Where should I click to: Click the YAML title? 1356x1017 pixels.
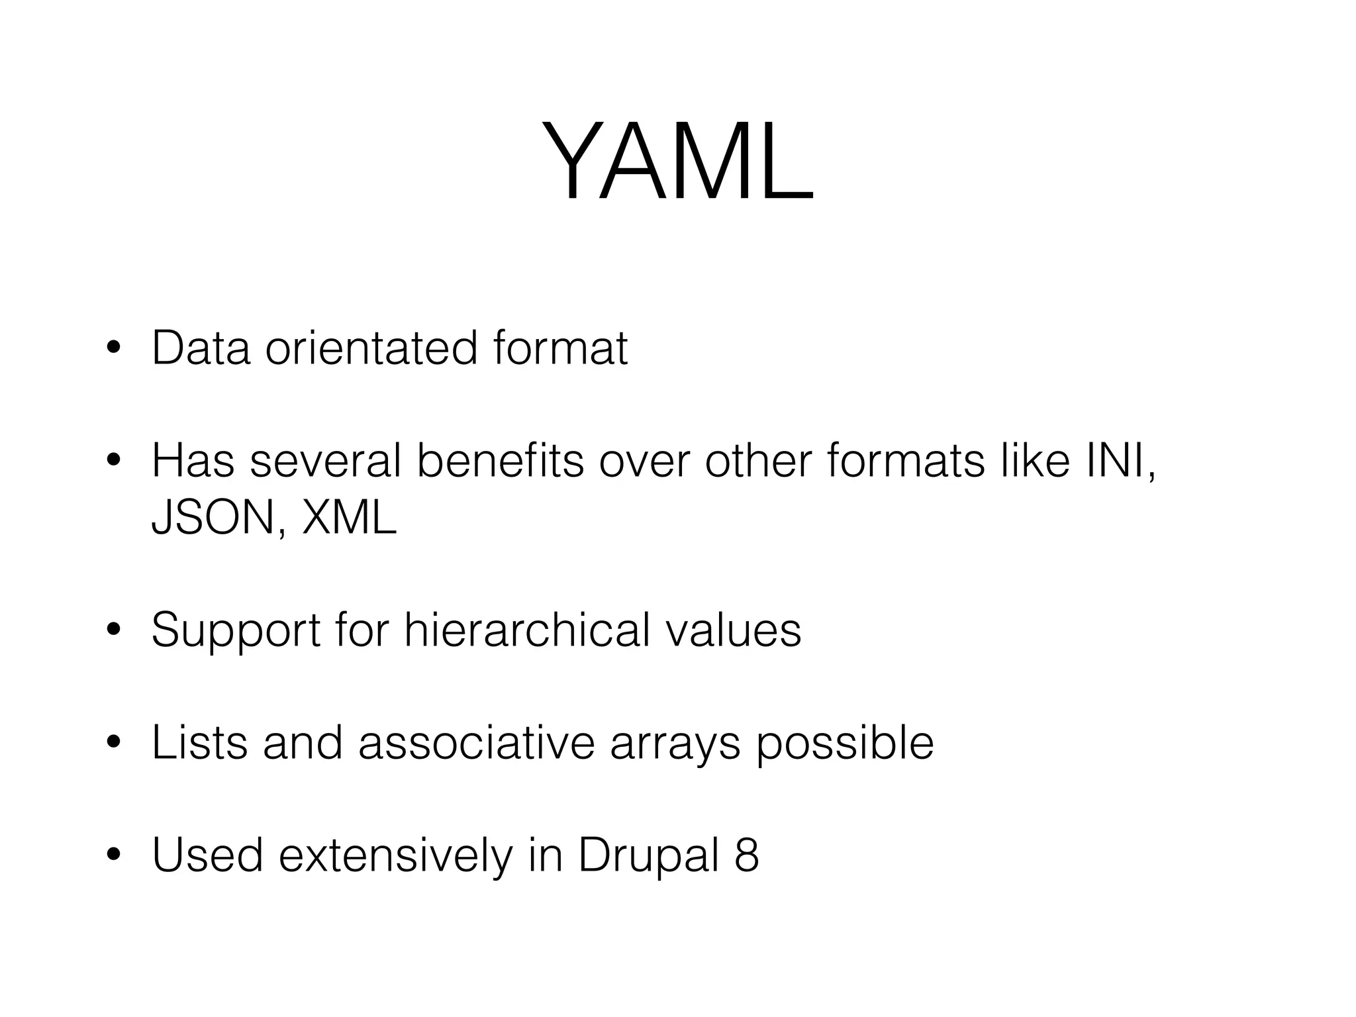pyautogui.click(x=677, y=161)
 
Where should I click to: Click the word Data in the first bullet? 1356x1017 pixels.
pyautogui.click(x=201, y=348)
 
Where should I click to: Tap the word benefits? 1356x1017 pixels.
pyautogui.click(x=500, y=461)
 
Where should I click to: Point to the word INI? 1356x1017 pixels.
pyautogui.click(x=1118, y=461)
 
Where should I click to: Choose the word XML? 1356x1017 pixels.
pyautogui.click(x=348, y=517)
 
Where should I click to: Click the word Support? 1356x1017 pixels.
pyautogui.click(x=236, y=630)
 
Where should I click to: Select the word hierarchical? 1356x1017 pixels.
pyautogui.click(x=526, y=630)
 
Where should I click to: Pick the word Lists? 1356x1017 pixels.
pyautogui.click(x=199, y=743)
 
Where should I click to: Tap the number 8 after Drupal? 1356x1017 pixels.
pyautogui.click(x=746, y=856)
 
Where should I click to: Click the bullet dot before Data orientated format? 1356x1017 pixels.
pyautogui.click(x=114, y=349)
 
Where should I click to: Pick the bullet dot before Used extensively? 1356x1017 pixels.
pyautogui.click(x=114, y=857)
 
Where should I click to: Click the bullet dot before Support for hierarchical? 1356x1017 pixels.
pyautogui.click(x=114, y=631)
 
